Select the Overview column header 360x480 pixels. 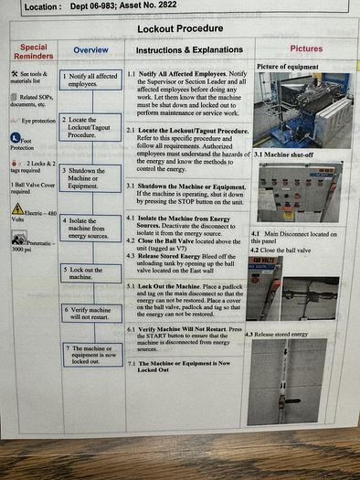pyautogui.click(x=90, y=49)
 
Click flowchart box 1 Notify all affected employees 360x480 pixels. pyautogui.click(x=90, y=79)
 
